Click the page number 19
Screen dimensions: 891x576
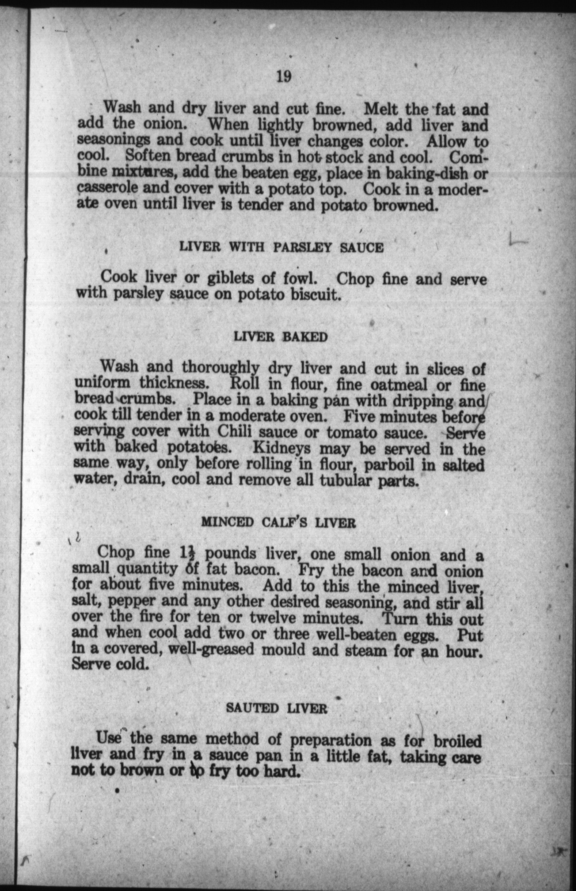tap(283, 77)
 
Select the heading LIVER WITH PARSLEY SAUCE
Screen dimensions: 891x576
tap(281, 247)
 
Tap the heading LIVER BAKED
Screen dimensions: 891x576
tap(281, 337)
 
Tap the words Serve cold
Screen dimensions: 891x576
tap(108, 664)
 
